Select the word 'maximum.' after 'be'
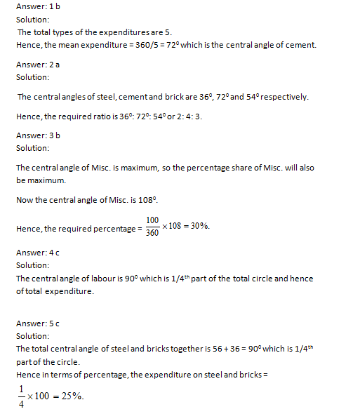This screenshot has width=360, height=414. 47,180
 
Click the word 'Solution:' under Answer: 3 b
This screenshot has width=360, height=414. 33,148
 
